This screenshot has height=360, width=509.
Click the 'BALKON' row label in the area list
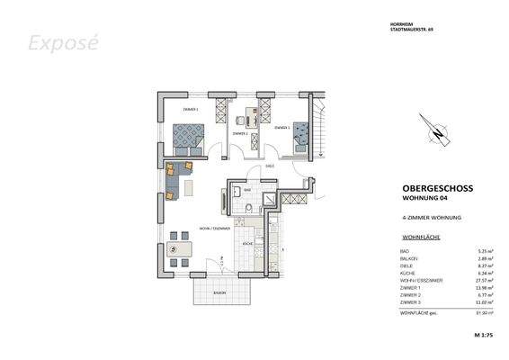pyautogui.click(x=409, y=258)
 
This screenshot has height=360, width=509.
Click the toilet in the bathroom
pyautogui.click(x=247, y=210)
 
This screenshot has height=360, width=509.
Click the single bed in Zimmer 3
pyautogui.click(x=302, y=138)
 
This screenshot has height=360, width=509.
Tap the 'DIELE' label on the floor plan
pyautogui.click(x=269, y=166)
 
